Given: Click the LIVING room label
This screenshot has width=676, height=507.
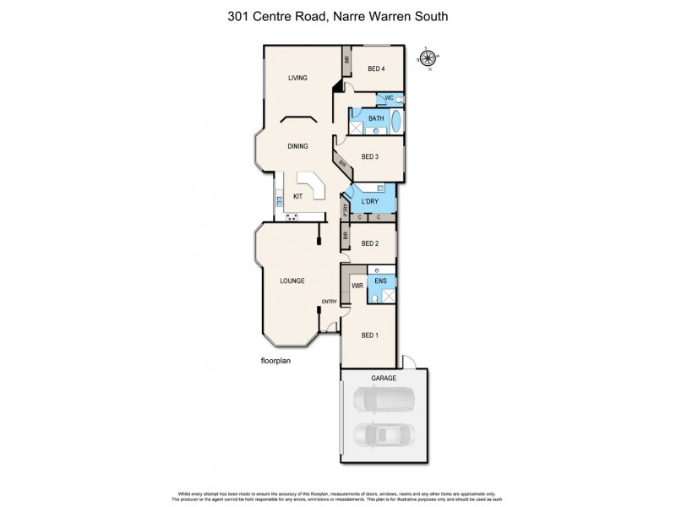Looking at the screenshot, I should [x=297, y=79].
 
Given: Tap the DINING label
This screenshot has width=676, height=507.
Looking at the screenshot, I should [x=297, y=146].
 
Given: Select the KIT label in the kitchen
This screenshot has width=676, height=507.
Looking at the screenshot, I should [x=297, y=197].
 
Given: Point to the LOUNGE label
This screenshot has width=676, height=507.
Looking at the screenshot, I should [x=293, y=280].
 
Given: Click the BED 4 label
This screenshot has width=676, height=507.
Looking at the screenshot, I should [x=373, y=69].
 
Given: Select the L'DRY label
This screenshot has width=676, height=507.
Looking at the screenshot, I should [x=370, y=200].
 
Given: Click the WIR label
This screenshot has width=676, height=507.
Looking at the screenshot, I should [x=357, y=286].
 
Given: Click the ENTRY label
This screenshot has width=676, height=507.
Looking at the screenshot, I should [x=329, y=302].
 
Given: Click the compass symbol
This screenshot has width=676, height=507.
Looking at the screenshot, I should [x=428, y=58].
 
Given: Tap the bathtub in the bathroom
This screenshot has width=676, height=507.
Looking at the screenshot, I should [x=398, y=121].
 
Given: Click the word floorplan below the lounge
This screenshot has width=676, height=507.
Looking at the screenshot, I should [x=275, y=359].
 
